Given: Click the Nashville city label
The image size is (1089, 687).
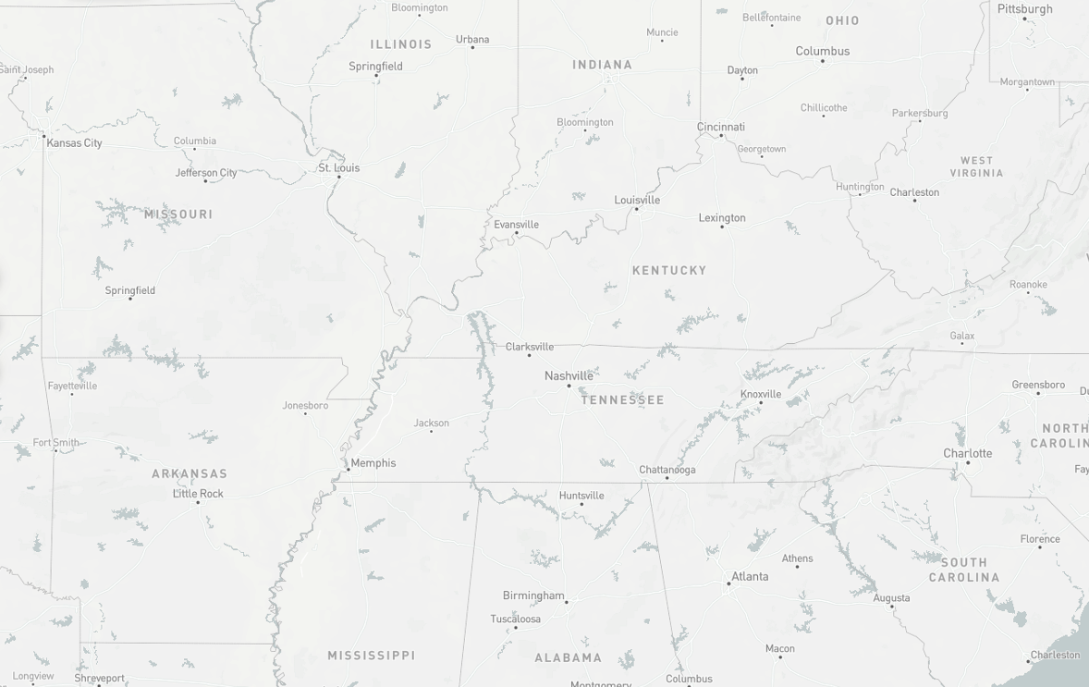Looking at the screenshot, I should pos(569,375).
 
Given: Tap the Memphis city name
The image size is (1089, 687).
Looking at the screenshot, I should pos(373,463).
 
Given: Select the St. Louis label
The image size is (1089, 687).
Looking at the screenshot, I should pos(339,167).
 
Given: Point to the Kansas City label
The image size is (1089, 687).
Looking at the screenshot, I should pos(74,143).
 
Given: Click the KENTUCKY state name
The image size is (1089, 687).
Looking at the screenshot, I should pos(669,271).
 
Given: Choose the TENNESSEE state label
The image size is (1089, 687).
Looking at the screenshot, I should pos(622,400).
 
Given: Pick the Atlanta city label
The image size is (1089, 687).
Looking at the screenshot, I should pos(750,576).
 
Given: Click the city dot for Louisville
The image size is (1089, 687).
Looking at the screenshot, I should pos(636,209).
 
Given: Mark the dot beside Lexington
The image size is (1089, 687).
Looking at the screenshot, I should pos(722,227).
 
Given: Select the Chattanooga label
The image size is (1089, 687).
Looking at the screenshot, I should pos(667,470).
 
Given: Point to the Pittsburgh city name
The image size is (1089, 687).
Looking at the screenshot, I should pos(1024,9).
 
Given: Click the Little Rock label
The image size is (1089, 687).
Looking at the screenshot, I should pos(198,494).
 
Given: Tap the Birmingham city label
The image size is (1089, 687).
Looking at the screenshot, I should pos(533,595).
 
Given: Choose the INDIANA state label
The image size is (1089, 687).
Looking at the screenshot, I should pos(602,65).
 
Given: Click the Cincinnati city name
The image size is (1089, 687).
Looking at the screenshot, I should pos(721,127).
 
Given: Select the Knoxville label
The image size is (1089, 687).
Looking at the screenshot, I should pos(761,394).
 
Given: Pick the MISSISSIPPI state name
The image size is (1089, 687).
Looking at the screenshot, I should pos(372,656).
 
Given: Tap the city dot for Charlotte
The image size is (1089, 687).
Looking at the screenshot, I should pos(968,462).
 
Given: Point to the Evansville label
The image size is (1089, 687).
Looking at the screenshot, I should pos(516,225).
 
